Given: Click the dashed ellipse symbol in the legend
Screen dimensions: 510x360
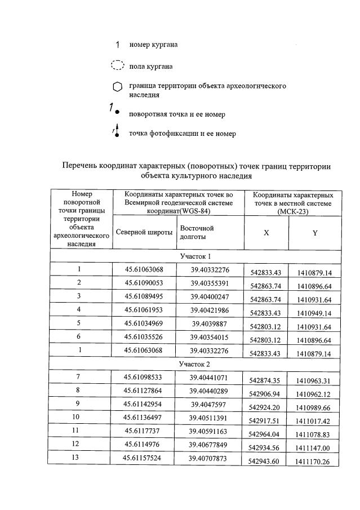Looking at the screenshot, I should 117,65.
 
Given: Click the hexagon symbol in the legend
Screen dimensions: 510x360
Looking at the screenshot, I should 117,87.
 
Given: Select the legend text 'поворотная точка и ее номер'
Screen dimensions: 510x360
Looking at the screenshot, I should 177,114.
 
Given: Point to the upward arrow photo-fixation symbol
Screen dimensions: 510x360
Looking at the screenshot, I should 117,130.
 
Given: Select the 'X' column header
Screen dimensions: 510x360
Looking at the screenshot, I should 266,233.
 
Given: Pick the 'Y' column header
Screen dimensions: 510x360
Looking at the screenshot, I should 315,233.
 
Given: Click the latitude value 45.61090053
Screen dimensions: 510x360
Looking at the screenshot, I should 144,282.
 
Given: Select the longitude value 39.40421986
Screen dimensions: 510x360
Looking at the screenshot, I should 209,309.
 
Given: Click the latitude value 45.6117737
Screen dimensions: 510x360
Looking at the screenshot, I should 144,431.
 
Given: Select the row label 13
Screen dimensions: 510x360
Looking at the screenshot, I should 79,458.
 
